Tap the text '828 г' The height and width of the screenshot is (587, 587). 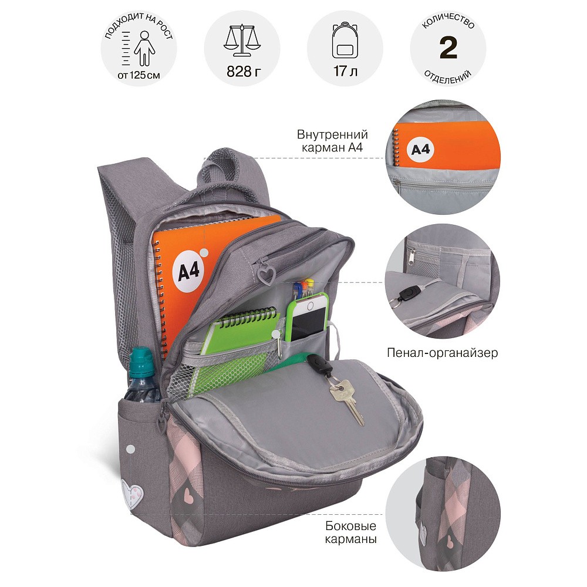pos(242,71)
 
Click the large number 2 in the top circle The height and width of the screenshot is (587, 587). pos(448,48)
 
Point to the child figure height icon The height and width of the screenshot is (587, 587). pos(144,49)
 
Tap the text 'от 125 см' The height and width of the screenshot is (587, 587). pos(139,75)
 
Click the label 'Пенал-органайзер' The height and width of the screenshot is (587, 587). pos(442,353)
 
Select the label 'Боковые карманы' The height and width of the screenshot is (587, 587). pos(350,532)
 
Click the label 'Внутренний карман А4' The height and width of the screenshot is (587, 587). pos(332,141)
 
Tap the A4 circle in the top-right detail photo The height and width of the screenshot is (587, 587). pos(420,150)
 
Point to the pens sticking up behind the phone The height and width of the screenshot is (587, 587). pos(303,288)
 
